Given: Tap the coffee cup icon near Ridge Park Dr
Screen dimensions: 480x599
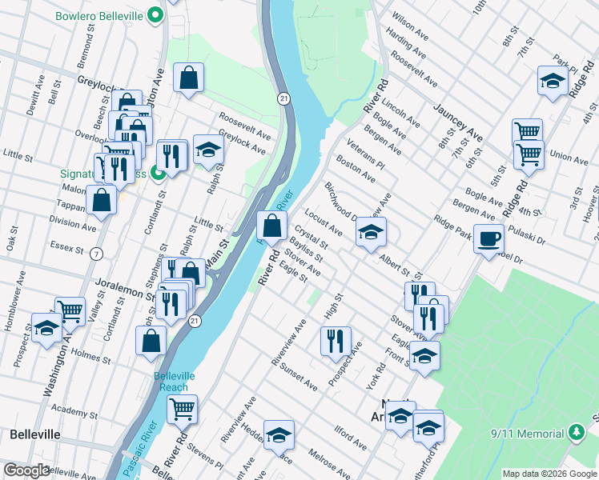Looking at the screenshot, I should (x=488, y=238).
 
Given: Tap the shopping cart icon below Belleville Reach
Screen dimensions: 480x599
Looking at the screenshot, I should (x=183, y=409).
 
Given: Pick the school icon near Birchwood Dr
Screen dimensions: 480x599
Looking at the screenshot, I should (x=370, y=232).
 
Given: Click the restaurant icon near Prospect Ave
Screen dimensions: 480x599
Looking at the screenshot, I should (x=336, y=340).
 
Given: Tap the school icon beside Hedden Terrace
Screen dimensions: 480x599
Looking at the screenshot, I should (x=279, y=435).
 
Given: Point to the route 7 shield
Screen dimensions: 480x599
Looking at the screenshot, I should (x=97, y=254).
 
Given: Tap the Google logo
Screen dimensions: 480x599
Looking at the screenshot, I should (x=26, y=470).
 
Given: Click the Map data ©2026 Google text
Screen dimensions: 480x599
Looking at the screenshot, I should (x=549, y=474).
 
